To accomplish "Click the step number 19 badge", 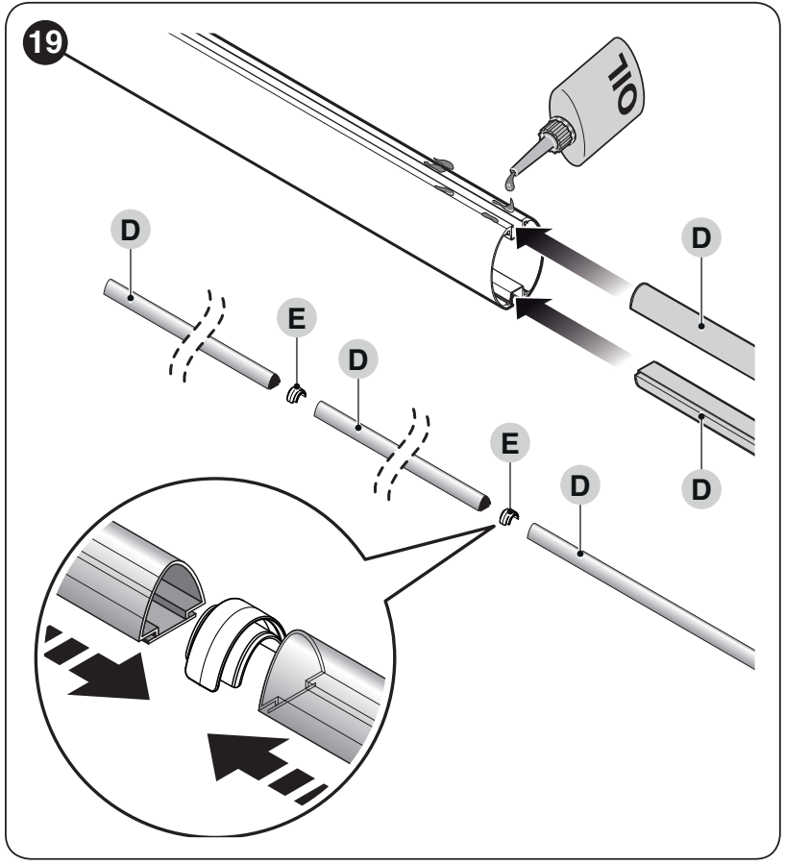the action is tap(45, 41).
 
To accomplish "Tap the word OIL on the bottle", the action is tap(626, 84).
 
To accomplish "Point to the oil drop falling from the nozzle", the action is tap(511, 180).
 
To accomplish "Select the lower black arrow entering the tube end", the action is tap(574, 331).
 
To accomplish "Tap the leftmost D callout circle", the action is tap(130, 230).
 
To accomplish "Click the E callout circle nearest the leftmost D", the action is tap(297, 318).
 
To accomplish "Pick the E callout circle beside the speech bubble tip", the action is tap(510, 442).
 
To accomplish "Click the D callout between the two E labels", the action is tap(358, 359).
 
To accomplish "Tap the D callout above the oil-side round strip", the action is tap(700, 237).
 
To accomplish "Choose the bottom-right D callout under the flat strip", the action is tap(700, 489).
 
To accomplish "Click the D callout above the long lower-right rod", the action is tap(579, 485).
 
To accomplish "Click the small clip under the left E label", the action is tap(296, 394).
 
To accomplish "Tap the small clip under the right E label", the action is tap(509, 518).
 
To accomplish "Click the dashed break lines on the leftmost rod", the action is tap(197, 335).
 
